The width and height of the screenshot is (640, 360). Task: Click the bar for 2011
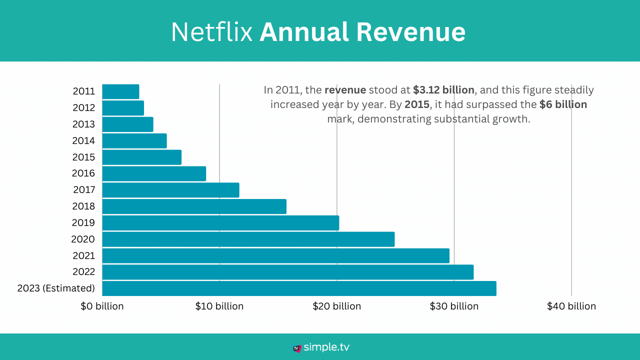pyautogui.click(x=120, y=91)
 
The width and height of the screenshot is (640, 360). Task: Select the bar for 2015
pyautogui.click(x=141, y=157)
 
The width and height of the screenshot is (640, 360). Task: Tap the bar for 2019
pyautogui.click(x=220, y=223)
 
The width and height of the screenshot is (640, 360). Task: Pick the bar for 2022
pyautogui.click(x=287, y=272)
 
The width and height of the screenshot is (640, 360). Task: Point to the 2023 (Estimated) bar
pyautogui.click(x=299, y=288)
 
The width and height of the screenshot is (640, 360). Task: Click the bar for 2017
pyautogui.click(x=170, y=190)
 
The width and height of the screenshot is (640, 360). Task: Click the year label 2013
pyautogui.click(x=83, y=124)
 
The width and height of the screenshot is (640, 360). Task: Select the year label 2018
pyautogui.click(x=83, y=206)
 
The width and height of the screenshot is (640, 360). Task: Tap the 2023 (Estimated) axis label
pyautogui.click(x=56, y=288)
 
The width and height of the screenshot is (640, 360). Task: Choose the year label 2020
pyautogui.click(x=83, y=239)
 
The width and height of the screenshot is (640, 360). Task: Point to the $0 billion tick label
pyautogui.click(x=102, y=306)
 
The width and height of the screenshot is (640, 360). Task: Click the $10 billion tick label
pyautogui.click(x=219, y=306)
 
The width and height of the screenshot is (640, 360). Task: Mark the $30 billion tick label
pyautogui.click(x=454, y=306)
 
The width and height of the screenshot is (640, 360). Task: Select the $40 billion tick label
pyautogui.click(x=571, y=306)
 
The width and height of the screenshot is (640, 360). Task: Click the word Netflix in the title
pyautogui.click(x=211, y=32)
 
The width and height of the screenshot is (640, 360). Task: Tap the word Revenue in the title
pyautogui.click(x=411, y=32)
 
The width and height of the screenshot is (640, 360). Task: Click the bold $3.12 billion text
pyautogui.click(x=443, y=90)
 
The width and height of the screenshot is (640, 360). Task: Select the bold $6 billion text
pyautogui.click(x=563, y=104)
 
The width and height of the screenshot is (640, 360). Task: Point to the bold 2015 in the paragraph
pyautogui.click(x=416, y=104)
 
